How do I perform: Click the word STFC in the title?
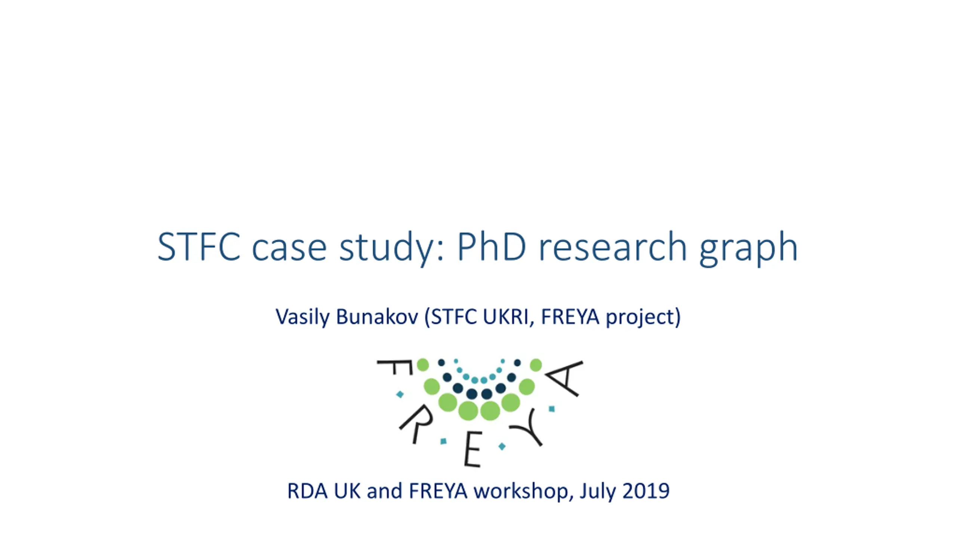199,247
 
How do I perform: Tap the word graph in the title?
748,250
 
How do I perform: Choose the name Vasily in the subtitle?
302,317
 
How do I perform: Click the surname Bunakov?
377,316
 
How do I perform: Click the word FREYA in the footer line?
438,491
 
